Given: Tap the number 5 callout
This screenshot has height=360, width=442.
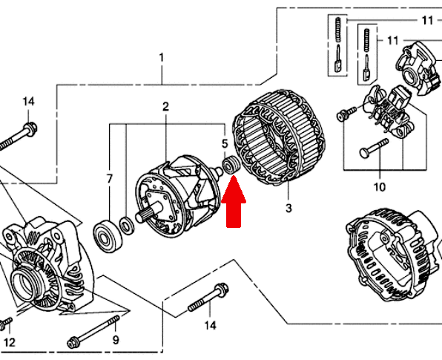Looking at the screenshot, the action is [225, 143].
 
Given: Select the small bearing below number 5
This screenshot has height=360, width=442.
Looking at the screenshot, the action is [231, 165].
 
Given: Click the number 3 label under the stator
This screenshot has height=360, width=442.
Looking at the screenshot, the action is [288, 209].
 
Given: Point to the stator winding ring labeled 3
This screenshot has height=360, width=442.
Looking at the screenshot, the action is [278, 137].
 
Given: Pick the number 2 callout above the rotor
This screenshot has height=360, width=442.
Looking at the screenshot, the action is [165, 106].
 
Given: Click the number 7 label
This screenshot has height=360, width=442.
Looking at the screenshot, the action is [110, 179].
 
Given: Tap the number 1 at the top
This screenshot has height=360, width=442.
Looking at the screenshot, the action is [161, 58].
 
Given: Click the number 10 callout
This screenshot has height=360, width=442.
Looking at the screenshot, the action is [380, 187].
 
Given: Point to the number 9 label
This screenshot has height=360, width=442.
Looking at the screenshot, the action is [116, 340].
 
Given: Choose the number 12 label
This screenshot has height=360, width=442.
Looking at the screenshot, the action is [9, 342].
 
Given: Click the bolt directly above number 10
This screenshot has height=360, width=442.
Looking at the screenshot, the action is [374, 148].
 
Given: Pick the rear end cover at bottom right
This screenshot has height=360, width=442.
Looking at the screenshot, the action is [395, 255].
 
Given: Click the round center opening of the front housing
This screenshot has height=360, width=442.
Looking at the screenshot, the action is [26, 284].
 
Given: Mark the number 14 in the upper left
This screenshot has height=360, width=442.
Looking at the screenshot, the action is [28, 102].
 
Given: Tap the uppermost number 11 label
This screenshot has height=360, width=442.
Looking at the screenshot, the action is [427, 20].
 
